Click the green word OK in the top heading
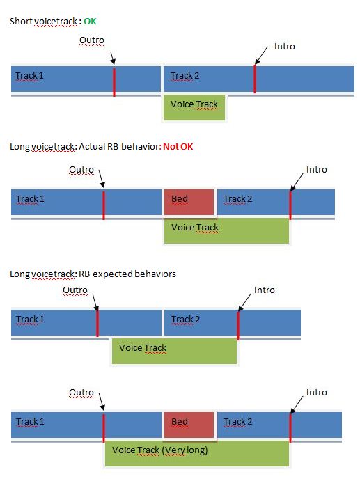(x=90, y=21)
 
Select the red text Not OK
(x=178, y=147)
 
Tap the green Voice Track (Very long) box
(x=197, y=452)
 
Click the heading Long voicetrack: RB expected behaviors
(x=93, y=274)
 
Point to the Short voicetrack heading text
(x=43, y=21)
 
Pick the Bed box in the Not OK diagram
(x=189, y=202)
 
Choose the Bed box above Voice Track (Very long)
(x=189, y=425)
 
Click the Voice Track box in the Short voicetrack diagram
(x=194, y=107)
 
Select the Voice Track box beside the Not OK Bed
(x=226, y=230)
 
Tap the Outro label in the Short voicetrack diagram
(x=92, y=40)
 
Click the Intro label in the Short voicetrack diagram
(x=285, y=47)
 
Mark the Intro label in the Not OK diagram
(x=317, y=170)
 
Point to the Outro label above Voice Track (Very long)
(x=81, y=393)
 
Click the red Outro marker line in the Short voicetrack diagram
(x=114, y=82)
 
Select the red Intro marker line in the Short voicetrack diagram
(x=255, y=79)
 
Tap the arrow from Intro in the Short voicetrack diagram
(x=261, y=56)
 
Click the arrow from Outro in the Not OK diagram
(x=102, y=178)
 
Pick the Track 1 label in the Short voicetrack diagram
(x=29, y=76)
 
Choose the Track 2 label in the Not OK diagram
(x=238, y=199)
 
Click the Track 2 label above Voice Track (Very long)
(x=238, y=422)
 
